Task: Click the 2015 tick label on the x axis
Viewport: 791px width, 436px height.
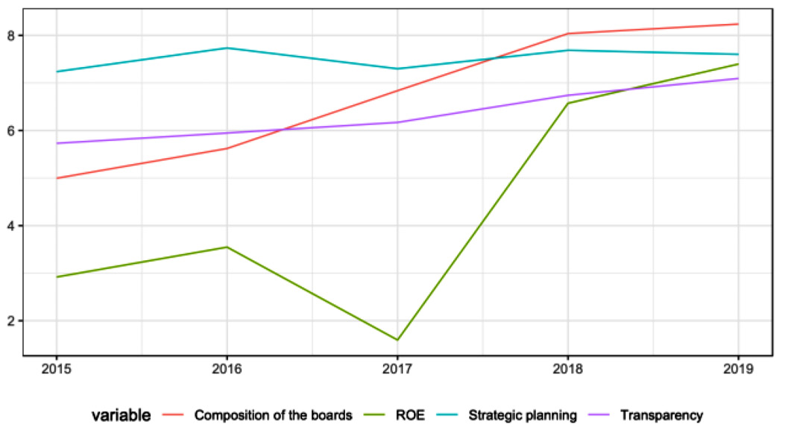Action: (x=57, y=369)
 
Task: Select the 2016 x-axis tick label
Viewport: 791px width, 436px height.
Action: (x=227, y=369)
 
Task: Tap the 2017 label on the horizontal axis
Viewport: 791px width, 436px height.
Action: (x=397, y=369)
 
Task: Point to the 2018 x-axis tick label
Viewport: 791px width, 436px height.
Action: (x=568, y=369)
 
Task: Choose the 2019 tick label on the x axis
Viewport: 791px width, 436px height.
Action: (x=738, y=369)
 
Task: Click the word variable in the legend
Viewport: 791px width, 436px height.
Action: (x=122, y=414)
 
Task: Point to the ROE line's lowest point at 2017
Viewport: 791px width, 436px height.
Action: (x=397, y=340)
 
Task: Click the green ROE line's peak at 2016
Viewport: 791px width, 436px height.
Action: (x=227, y=247)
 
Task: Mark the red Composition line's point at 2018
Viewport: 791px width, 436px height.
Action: (x=568, y=34)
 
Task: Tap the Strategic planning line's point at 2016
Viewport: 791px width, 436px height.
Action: (x=227, y=48)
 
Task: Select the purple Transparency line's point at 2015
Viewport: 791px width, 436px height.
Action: (x=57, y=143)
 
